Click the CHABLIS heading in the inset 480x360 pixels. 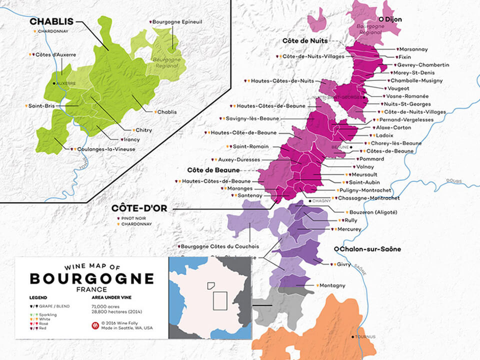tap(51, 21)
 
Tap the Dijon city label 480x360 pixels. tap(393, 19)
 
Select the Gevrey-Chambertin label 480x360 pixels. tap(423, 65)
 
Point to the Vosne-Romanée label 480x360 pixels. tap(407, 96)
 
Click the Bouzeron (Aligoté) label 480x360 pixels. tap(372, 212)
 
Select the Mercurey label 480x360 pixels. tap(349, 229)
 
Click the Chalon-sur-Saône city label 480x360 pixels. tap(370, 249)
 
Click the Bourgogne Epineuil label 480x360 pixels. tap(176, 21)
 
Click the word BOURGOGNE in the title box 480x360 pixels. tap(91, 278)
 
